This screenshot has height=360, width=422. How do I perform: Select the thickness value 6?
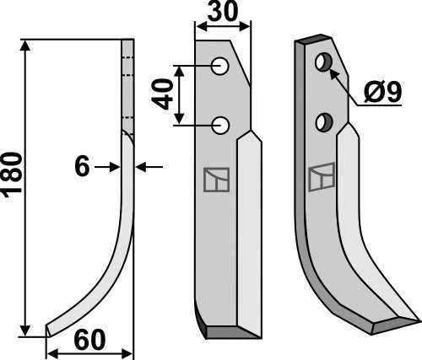(x=82, y=168)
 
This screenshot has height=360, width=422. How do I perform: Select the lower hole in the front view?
(x=221, y=126)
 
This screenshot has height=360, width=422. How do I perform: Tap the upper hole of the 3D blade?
(x=322, y=63)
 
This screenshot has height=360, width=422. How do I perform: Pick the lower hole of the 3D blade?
(x=322, y=123)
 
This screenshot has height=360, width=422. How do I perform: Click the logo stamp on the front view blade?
(x=215, y=180)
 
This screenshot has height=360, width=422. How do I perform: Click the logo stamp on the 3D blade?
(x=321, y=177)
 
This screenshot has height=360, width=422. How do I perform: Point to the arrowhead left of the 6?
(x=116, y=168)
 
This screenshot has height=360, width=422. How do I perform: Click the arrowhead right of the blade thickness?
(x=140, y=168)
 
